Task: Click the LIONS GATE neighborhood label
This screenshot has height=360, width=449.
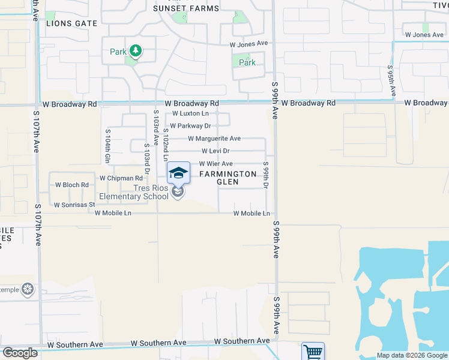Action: coord(71,23)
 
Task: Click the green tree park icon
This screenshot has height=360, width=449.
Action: coord(136,51)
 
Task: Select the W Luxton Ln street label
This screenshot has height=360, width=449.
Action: coord(190,113)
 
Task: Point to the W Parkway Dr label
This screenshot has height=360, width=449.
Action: coord(190,126)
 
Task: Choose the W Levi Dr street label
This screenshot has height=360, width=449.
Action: coord(215,151)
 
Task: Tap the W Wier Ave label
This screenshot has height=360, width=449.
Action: coord(215,164)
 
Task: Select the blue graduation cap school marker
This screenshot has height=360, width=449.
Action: coord(178,173)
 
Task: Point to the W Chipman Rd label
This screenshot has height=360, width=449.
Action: coord(121,178)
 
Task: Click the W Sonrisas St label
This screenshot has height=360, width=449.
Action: coord(74,205)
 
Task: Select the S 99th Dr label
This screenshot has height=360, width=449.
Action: coord(265,174)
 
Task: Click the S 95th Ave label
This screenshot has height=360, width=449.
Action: coord(391,81)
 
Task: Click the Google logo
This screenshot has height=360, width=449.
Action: coord(19,353)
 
